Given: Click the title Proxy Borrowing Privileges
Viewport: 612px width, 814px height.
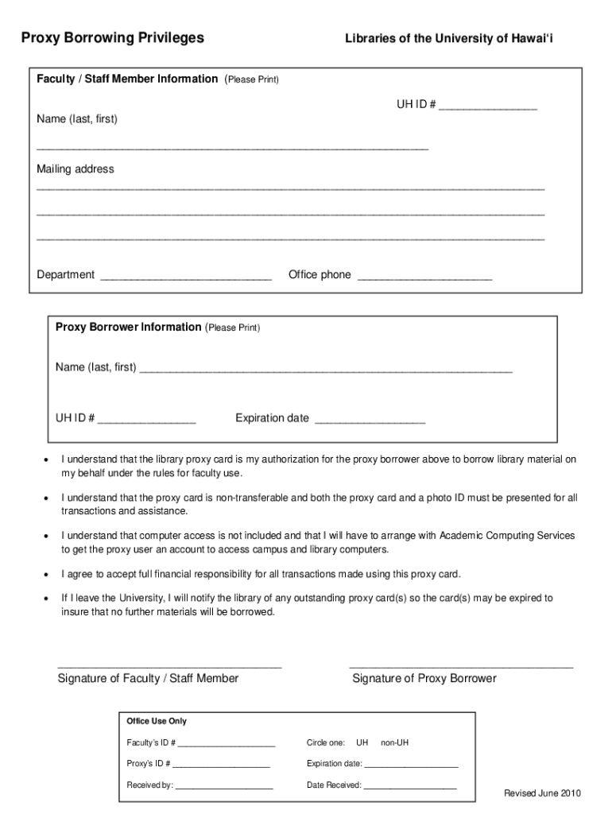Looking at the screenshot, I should [112, 37].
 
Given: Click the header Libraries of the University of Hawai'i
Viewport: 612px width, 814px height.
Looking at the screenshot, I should [448, 38].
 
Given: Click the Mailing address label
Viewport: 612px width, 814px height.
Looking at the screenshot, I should [76, 169].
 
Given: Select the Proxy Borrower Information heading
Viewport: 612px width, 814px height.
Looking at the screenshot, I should [129, 328].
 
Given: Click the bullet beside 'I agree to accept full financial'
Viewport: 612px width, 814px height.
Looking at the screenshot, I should [46, 574].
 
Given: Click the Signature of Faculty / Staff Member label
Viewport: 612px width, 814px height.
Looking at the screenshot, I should [148, 678].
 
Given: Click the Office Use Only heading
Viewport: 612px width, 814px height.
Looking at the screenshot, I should [157, 721].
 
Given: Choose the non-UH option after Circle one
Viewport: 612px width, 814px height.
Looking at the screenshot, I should [394, 742].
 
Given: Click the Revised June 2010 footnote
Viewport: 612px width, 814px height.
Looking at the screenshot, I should [543, 793].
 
